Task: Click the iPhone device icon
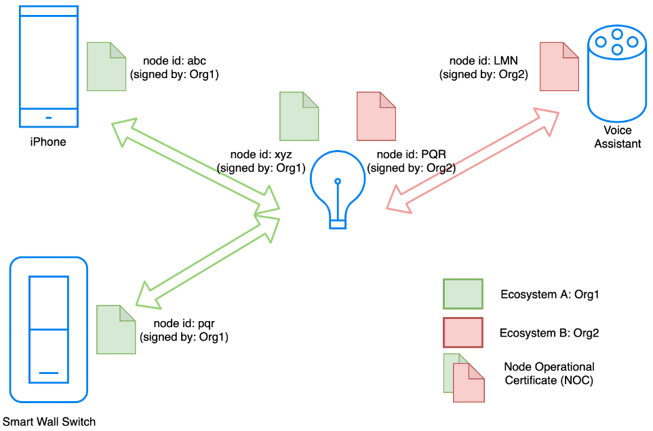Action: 49,67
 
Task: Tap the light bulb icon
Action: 338,189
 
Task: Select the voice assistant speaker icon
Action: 617,73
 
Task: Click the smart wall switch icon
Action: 49,329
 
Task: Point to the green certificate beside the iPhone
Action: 106,67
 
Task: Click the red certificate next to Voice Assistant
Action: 559,67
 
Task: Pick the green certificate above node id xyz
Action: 299,116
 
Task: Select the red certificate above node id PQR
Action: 376,116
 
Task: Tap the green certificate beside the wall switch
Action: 116,330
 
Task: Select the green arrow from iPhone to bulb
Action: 196,166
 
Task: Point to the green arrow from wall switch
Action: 207,262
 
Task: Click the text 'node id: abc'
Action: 174,61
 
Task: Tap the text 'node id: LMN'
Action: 483,61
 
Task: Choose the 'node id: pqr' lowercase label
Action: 184,324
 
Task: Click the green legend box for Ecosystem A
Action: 463,294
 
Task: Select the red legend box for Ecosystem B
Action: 463,332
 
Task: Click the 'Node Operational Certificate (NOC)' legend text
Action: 549,373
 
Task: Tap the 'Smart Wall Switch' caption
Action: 49,421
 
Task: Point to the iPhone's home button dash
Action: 49,118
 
